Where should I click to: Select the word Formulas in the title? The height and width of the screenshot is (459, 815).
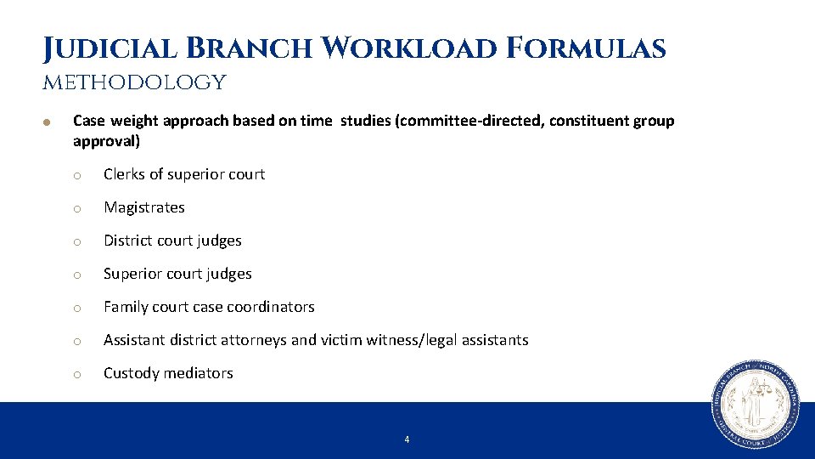point(587,48)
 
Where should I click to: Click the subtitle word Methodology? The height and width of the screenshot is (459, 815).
point(134,82)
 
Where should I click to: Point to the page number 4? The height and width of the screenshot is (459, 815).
point(407,439)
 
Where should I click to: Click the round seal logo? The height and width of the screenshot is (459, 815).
point(755,405)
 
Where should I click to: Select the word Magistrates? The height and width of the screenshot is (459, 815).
point(143,207)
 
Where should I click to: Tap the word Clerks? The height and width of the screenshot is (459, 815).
point(124,174)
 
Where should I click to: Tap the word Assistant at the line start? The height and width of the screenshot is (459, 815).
point(134,340)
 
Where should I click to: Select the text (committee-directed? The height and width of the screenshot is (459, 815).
point(469,121)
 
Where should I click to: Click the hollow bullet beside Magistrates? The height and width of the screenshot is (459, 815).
point(76,208)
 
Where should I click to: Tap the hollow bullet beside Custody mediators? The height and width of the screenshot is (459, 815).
point(76,374)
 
